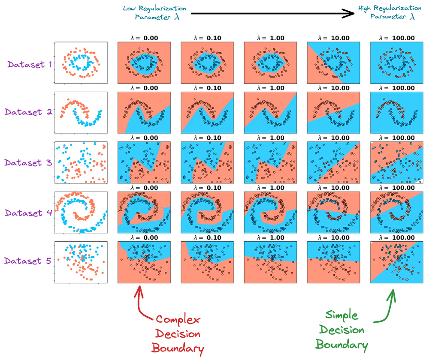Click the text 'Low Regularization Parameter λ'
(x=155, y=13)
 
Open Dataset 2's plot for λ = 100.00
(x=396, y=111)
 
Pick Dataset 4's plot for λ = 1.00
(x=270, y=212)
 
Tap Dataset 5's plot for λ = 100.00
(x=396, y=262)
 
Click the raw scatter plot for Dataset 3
(x=81, y=162)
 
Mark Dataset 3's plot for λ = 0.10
(x=207, y=162)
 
